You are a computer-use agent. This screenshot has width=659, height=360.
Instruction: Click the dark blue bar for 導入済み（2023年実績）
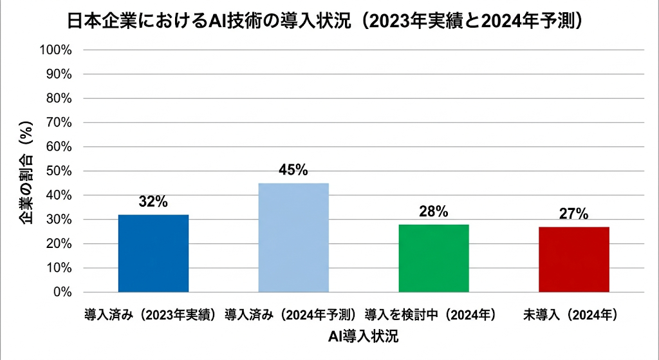(154, 253)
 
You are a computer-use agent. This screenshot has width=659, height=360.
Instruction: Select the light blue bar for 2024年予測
(293, 238)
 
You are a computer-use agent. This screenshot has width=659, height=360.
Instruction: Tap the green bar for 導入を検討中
(434, 258)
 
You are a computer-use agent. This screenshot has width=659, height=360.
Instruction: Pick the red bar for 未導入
(574, 260)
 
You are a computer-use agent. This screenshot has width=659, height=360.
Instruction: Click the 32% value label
(153, 202)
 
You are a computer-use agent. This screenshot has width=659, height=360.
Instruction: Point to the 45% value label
(293, 170)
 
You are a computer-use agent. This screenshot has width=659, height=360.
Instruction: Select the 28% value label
(433, 211)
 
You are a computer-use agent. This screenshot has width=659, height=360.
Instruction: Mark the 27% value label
(573, 214)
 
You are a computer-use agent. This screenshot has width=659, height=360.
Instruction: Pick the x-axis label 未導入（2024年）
(571, 316)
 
